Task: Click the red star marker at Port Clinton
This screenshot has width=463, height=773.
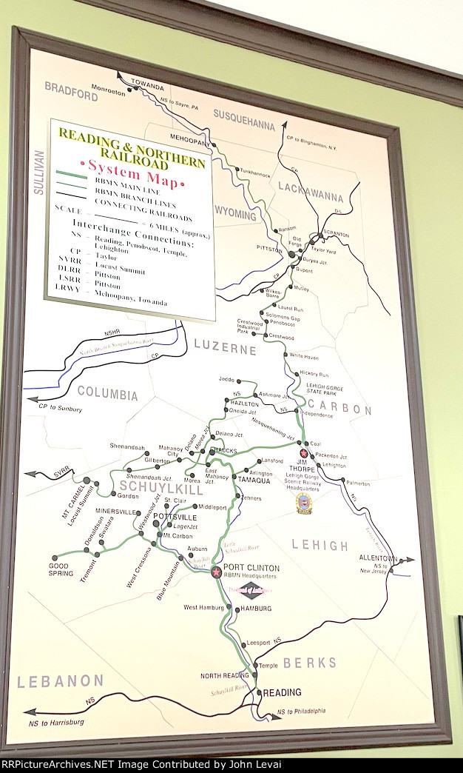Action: (216, 572)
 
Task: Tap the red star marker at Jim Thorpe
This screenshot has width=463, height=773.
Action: (303, 453)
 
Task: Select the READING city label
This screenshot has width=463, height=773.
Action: (283, 692)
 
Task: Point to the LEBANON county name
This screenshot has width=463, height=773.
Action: (61, 680)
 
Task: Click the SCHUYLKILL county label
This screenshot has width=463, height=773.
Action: (155, 486)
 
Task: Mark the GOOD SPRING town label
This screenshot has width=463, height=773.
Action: (61, 569)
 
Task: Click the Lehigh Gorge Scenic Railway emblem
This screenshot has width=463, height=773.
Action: (304, 503)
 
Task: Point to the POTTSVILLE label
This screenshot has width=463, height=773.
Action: (175, 516)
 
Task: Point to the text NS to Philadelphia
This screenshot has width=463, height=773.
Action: (301, 712)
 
